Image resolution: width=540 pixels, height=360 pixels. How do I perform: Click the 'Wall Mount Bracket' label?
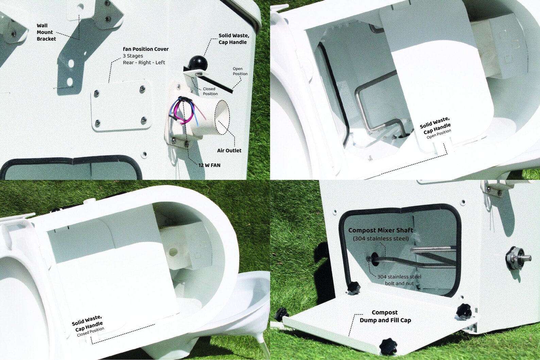point(46,32)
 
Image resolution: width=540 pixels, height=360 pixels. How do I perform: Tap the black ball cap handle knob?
point(198,64)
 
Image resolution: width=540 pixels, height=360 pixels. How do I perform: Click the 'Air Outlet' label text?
point(229,151)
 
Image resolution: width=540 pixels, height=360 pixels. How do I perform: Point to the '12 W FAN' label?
point(209,165)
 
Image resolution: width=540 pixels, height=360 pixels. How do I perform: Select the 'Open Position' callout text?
point(240,71)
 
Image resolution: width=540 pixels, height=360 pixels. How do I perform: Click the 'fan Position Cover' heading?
point(146,49)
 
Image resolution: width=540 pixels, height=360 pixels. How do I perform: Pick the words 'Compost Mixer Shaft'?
point(381,230)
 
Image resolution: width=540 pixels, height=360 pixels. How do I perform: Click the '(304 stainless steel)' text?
point(381,239)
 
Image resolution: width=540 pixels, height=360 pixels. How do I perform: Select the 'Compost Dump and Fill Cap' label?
point(385,316)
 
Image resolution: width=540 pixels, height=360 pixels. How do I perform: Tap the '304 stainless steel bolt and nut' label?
point(399,280)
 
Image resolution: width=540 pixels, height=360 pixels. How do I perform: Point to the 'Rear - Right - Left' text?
point(144,63)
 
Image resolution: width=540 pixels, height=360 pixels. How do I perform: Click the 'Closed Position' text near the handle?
point(210,91)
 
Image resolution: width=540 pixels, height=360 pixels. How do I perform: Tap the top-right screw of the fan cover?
point(142,89)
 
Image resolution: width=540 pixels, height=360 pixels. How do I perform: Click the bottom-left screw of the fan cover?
point(98,122)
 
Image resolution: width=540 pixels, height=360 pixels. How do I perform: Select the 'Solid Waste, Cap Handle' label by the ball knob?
point(234,39)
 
